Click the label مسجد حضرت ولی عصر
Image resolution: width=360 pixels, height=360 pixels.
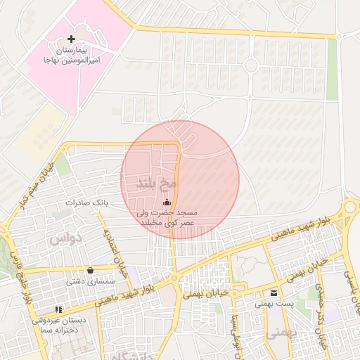click(x=167, y=217)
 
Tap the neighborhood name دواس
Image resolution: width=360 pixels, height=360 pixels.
click(x=65, y=239)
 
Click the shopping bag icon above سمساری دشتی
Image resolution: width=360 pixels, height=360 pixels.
click(x=91, y=270)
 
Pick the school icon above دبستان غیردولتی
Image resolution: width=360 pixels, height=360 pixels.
click(x=58, y=308)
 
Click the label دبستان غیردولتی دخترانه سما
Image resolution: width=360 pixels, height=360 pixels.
click(x=63, y=324)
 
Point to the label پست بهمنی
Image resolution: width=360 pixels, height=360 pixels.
click(x=272, y=304)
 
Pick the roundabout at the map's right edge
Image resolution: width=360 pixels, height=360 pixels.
click(x=351, y=210)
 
